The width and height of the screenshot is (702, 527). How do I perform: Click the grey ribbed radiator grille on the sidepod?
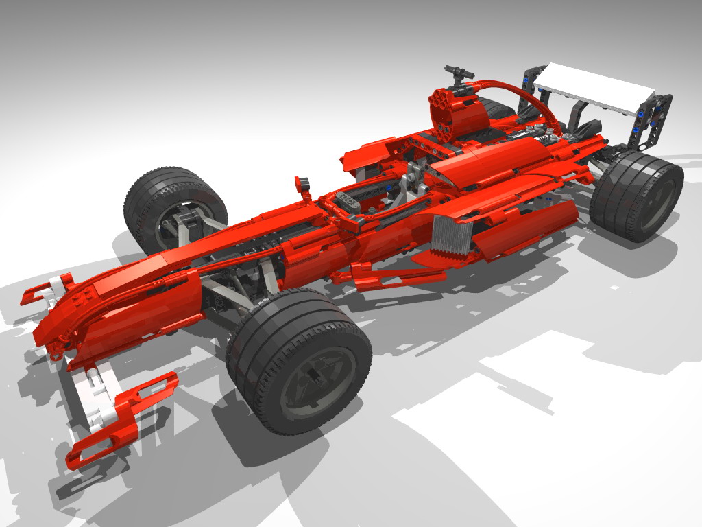coord(452,234)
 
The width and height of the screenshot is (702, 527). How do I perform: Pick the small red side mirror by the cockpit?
coord(302,184)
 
